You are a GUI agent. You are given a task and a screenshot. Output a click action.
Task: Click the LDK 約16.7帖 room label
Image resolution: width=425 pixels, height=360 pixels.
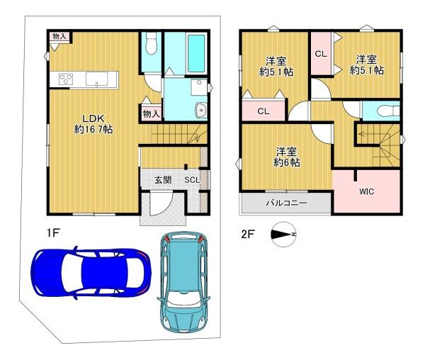tap(93, 124)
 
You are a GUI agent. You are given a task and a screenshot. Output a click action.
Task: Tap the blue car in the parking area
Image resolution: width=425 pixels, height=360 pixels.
tap(91, 272)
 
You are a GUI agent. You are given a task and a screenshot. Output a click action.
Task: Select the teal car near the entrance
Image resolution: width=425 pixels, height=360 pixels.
tap(183, 282)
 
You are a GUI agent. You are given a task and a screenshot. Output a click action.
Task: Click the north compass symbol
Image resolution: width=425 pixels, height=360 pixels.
tap(283, 235)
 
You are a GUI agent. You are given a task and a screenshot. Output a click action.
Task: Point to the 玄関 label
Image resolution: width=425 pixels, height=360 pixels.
tap(163, 180)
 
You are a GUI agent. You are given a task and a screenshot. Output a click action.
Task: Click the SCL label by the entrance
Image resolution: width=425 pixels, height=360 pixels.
tap(192, 180)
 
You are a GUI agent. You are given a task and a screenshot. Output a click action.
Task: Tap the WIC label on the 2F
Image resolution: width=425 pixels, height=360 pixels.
tap(366, 191)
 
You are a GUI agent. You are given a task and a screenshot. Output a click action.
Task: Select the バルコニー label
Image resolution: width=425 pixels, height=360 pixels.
tap(286, 203)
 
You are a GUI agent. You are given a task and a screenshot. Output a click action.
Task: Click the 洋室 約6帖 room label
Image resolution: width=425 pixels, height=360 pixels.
tap(286, 157)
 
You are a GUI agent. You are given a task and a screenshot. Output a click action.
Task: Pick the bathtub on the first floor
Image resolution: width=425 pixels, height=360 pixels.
tap(196, 53)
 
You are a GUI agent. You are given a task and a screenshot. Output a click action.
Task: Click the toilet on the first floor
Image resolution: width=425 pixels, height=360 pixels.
tap(151, 43)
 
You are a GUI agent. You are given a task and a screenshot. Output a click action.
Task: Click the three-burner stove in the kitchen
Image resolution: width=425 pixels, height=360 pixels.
tap(66, 79)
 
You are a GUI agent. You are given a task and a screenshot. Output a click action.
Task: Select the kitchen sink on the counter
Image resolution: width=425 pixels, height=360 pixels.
tap(96, 79)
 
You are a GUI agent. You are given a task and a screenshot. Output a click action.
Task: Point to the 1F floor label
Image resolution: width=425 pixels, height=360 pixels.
tap(53, 233)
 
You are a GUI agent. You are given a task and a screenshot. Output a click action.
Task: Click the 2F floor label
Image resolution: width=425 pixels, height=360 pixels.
tap(248, 234)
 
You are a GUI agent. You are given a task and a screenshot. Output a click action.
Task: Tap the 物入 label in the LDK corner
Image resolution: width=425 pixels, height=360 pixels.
tap(59, 36)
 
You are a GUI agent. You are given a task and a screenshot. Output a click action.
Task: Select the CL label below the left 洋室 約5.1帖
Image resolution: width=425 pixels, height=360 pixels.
tap(263, 111)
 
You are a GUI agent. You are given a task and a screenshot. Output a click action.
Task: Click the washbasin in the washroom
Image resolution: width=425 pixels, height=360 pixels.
tap(201, 110)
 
